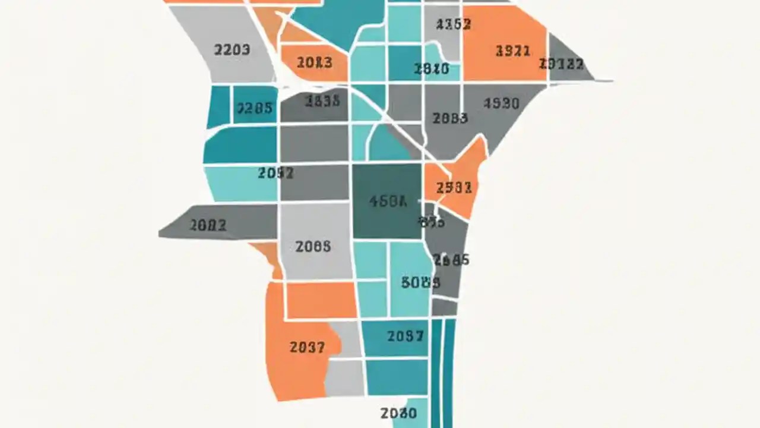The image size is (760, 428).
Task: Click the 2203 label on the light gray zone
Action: tap(232, 50)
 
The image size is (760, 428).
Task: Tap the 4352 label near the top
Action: tap(453, 24)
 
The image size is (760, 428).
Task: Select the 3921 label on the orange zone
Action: tap(512, 51)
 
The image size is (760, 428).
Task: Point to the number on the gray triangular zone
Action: tap(562, 64)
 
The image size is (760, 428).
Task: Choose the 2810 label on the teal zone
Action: tap(431, 69)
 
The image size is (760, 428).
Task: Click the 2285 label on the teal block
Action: tap(255, 108)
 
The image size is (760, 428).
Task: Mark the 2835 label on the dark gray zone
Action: tap(322, 101)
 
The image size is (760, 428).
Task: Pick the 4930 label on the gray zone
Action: tap(501, 103)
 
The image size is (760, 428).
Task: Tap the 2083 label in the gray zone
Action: tap(450, 118)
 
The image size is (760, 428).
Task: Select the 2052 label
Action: tap(275, 173)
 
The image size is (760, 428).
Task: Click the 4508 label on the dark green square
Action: tap(388, 202)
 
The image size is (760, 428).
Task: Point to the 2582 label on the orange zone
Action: tap(454, 188)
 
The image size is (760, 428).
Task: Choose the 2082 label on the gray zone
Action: tap(208, 225)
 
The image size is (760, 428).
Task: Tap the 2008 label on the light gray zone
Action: tap(313, 246)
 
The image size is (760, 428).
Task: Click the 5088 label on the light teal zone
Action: tap(420, 282)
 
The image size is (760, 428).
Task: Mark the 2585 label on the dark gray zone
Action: tap(451, 260)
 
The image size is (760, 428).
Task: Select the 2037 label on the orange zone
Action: tap(308, 347)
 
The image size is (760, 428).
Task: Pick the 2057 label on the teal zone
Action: tap(406, 336)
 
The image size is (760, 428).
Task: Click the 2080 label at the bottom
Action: tap(398, 413)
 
